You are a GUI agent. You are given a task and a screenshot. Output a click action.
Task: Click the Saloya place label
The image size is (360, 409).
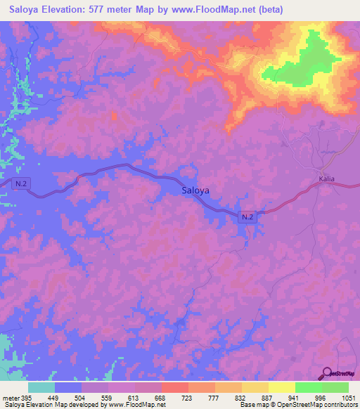(195, 190)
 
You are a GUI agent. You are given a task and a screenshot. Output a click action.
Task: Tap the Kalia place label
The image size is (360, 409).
(326, 179)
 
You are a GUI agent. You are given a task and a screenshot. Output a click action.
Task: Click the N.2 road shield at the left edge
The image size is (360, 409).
(22, 183)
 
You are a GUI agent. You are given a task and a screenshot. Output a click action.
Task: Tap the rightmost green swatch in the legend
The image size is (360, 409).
(335, 387)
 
